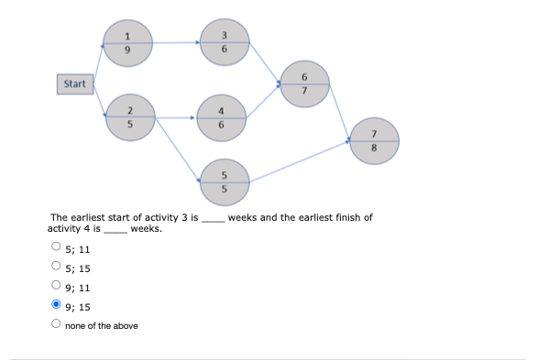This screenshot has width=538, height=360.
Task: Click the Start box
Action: pyautogui.click(x=75, y=84)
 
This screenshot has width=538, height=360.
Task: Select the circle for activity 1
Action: pyautogui.click(x=129, y=41)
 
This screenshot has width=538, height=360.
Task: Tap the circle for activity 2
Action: pyautogui.click(x=130, y=117)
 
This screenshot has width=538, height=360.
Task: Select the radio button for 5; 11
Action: pyautogui.click(x=57, y=247)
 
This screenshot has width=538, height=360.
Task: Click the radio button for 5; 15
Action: pyautogui.click(x=57, y=267)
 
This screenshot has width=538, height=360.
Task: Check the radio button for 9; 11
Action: pyautogui.click(x=57, y=287)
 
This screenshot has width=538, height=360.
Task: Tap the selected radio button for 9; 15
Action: pyautogui.click(x=57, y=306)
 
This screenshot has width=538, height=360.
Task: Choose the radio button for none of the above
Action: pyautogui.click(x=57, y=325)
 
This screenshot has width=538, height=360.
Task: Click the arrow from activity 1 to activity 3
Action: pyautogui.click(x=176, y=41)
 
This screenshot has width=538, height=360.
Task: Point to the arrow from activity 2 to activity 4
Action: pyautogui.click(x=176, y=117)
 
